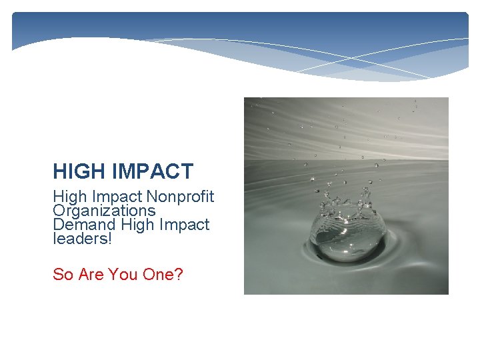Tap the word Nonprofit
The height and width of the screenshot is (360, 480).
tap(180, 197)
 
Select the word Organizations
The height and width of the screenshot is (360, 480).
tap(104, 211)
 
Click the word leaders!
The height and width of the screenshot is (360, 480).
tap(83, 239)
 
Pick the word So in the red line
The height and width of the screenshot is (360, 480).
tap(63, 274)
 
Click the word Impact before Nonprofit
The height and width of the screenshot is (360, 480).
tap(118, 197)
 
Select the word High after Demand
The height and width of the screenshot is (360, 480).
tap(137, 225)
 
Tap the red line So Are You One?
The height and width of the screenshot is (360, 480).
tap(118, 274)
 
